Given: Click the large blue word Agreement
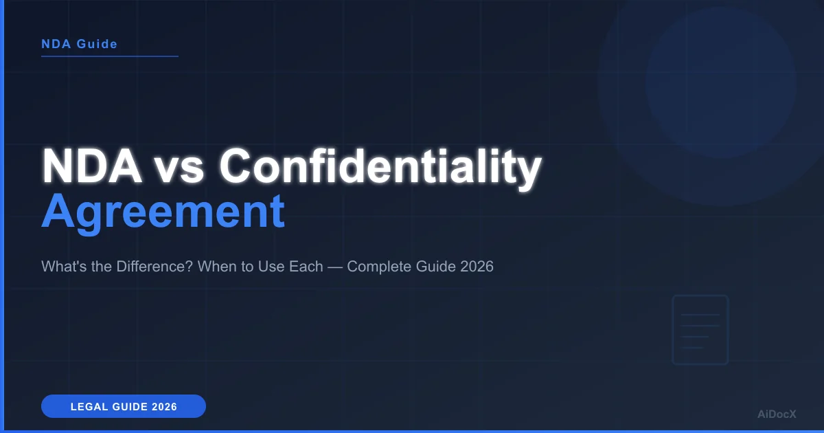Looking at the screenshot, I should pyautogui.click(x=163, y=212).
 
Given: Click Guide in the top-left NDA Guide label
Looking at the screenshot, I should pyautogui.click(x=95, y=44).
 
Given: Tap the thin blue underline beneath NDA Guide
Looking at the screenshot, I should pyautogui.click(x=110, y=56).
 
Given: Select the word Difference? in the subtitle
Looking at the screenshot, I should pyautogui.click(x=156, y=267).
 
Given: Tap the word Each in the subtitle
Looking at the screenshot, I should pyautogui.click(x=307, y=267).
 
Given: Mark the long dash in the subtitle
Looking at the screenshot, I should pyautogui.click(x=335, y=267).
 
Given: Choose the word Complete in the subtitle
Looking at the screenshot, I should pyautogui.click(x=378, y=267).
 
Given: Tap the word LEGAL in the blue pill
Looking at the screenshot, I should pyautogui.click(x=87, y=407).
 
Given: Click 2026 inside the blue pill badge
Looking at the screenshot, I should pyautogui.click(x=165, y=407).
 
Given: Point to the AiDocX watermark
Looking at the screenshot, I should pyautogui.click(x=777, y=414).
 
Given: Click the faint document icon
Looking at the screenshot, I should pyautogui.click(x=700, y=330).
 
